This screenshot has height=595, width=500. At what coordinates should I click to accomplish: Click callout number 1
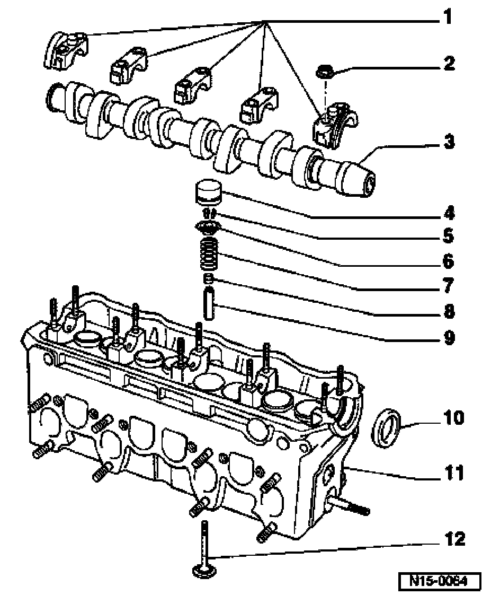pos(448,17)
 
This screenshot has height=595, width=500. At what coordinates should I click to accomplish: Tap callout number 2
pos(449,63)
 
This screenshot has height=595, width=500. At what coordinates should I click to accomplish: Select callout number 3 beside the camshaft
pos(449,142)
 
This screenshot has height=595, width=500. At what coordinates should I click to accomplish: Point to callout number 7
pos(449,285)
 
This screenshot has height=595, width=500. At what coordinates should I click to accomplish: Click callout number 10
pos(454,417)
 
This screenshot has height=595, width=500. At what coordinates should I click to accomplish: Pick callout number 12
pos(454,539)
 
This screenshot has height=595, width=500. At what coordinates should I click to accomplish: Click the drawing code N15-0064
pos(440,581)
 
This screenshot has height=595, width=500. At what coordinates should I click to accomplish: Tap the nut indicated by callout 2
pos(325,71)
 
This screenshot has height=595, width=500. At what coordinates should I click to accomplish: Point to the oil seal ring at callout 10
pos(386,427)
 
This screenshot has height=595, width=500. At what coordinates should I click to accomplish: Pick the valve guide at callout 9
pos(209,304)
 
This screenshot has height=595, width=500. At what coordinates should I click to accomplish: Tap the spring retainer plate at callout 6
pos(207,227)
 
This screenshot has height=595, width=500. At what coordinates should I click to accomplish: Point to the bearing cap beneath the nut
pos(334,125)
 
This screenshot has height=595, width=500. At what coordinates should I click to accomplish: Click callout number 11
pos(454,473)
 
